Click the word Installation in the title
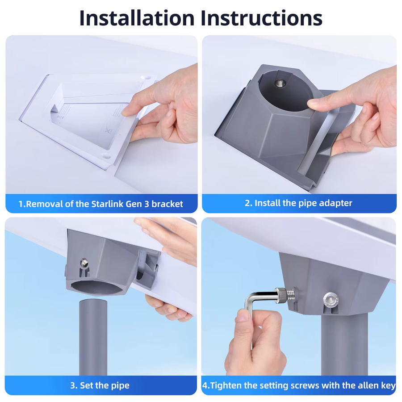[x=137, y=18]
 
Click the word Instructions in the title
[x=261, y=18]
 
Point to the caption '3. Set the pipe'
[x=100, y=385]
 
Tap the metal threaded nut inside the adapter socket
[x=280, y=83]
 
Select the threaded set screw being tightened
[x=286, y=295]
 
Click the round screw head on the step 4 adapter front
[x=331, y=299]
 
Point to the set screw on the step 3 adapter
[x=84, y=262]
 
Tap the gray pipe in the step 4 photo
[x=344, y=343]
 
